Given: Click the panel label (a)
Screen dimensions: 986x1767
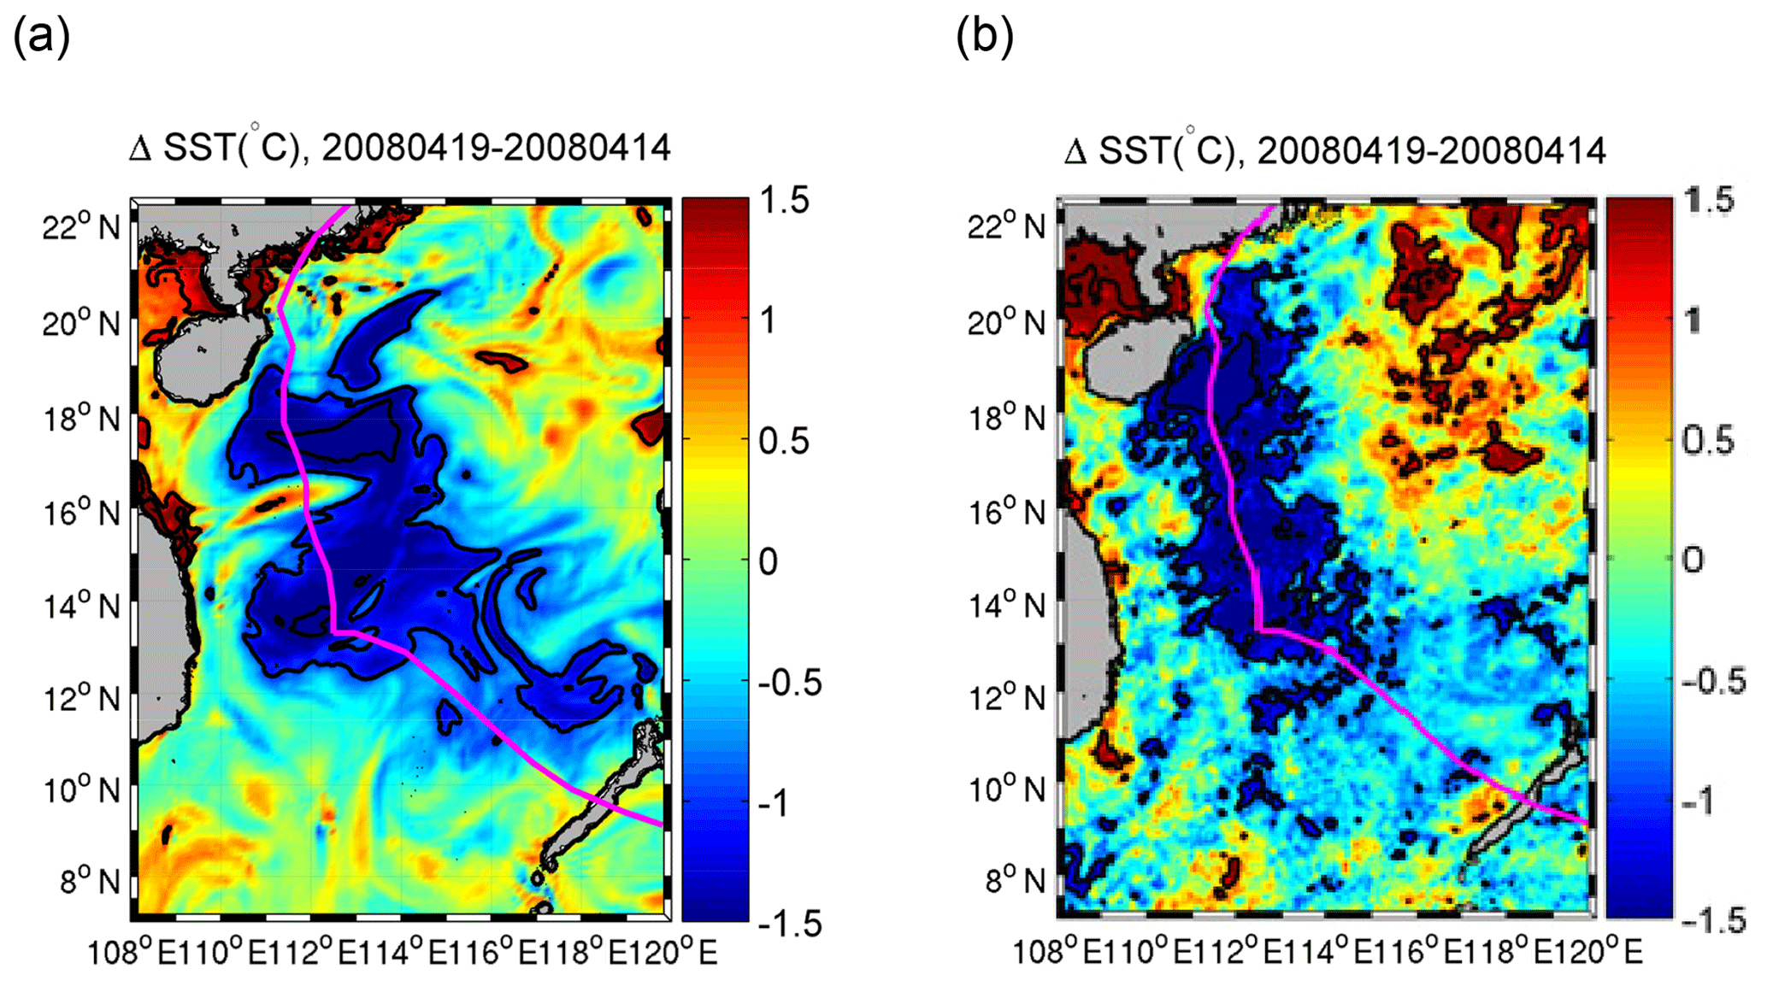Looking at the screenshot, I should pos(41,38).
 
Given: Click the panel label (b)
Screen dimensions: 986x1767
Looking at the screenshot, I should pos(984,38).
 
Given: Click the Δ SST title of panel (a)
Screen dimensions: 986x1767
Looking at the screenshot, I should pos(400,148).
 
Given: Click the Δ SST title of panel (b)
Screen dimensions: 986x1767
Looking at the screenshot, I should pos(1334,150).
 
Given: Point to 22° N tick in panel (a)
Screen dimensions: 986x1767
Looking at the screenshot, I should pos(81,227).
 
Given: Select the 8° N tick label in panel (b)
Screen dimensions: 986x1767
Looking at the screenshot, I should pos(1015,880).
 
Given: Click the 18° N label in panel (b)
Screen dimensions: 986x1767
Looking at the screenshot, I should pos(1006,419).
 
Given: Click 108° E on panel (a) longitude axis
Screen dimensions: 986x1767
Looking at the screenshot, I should pos(122,952).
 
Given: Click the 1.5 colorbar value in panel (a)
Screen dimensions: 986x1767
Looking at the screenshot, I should pos(785,201).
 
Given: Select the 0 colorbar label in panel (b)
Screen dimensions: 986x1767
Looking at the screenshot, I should pos(1693,560).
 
